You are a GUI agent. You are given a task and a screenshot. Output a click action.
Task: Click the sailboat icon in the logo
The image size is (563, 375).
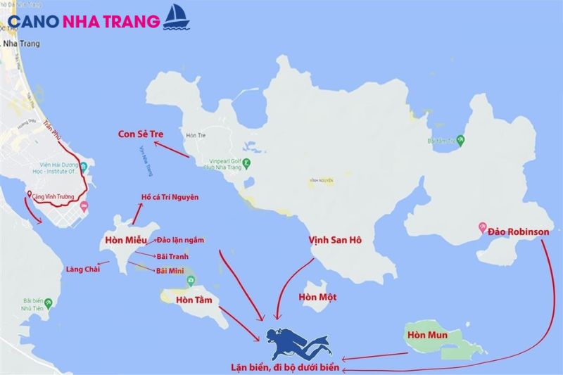click(x=175, y=18)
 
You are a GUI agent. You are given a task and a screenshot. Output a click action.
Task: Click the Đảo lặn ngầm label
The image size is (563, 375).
click(x=180, y=240)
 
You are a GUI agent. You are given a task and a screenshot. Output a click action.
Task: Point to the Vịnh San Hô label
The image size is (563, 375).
click(x=335, y=241)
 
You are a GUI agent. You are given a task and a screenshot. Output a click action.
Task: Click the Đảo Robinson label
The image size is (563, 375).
click(x=518, y=228)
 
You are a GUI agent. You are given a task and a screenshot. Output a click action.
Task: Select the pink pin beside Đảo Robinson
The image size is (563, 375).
click(x=483, y=227)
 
